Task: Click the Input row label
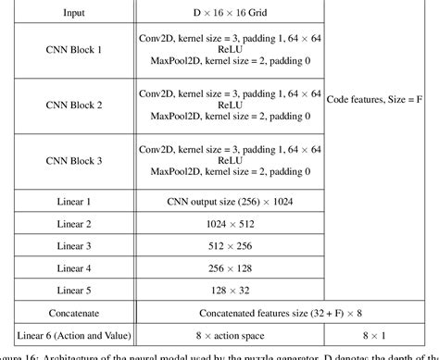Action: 73,14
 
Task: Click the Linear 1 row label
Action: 74,201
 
